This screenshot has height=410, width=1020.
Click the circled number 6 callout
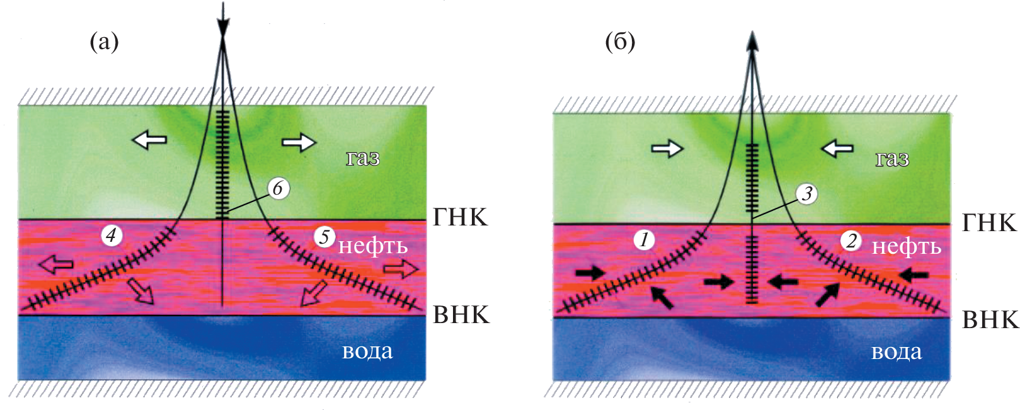pyautogui.click(x=278, y=188)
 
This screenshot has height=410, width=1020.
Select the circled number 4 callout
pyautogui.click(x=111, y=236)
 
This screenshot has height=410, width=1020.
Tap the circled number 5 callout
pyautogui.click(x=324, y=237)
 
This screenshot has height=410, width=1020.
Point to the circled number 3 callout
pyautogui.click(x=806, y=193)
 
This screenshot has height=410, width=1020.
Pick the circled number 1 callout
pyautogui.click(x=643, y=239)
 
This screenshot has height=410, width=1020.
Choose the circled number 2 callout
pyautogui.click(x=851, y=240)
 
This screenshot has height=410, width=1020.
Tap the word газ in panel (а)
pyautogui.click(x=363, y=157)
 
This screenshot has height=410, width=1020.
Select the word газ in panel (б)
pyautogui.click(x=892, y=159)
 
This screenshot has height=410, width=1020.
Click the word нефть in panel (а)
pyautogui.click(x=373, y=246)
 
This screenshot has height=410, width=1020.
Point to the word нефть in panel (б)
pyautogui.click(x=906, y=247)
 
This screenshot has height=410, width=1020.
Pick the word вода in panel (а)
pyautogui.click(x=367, y=351)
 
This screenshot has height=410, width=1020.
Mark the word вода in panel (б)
pyautogui.click(x=896, y=352)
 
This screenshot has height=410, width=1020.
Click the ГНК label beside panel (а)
pyautogui.click(x=460, y=217)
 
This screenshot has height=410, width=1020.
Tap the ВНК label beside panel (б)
pyautogui.click(x=990, y=320)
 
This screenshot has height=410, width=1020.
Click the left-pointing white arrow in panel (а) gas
pyautogui.click(x=149, y=139)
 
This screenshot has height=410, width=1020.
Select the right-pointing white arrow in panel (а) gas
pyautogui.click(x=299, y=142)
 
